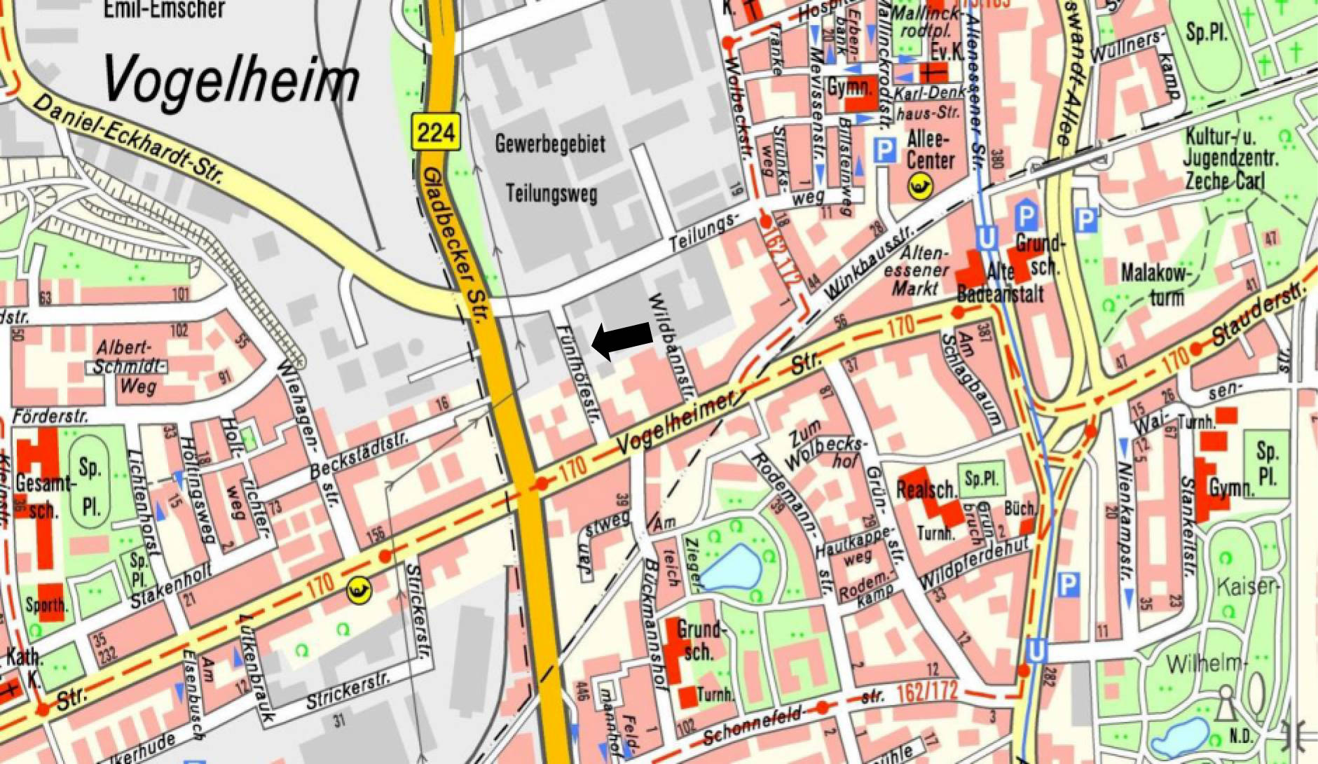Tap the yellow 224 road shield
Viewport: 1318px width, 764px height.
435,131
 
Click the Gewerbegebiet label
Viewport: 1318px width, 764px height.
550,144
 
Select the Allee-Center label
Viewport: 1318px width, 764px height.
930,149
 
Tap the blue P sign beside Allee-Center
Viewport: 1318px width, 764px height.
886,151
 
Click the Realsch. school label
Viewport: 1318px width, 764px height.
925,488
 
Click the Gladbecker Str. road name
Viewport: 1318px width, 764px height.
453,245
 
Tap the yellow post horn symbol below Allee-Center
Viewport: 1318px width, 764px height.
920,186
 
